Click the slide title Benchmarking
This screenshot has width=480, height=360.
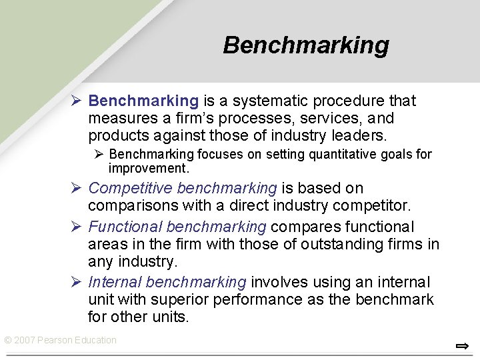tap(306, 45)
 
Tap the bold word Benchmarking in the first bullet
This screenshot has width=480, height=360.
tap(143, 101)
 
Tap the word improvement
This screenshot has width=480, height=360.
tap(149, 168)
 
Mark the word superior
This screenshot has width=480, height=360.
tap(175, 300)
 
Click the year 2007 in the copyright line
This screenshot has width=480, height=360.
tap(25, 340)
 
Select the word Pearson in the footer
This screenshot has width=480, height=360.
tap(56, 340)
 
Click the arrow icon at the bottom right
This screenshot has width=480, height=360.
tap(462, 345)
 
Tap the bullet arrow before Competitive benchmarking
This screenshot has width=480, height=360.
tap(77, 189)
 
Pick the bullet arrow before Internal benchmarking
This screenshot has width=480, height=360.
tap(77, 283)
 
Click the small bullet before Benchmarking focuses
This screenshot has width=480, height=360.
tap(97, 155)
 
